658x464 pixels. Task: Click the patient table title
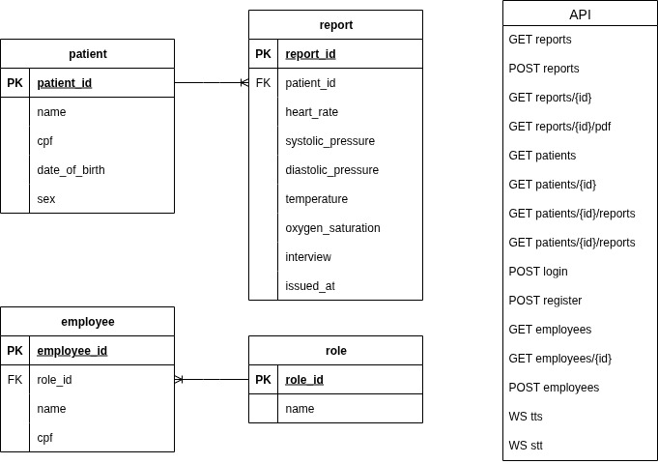pos(87,54)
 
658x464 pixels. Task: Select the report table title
pos(335,25)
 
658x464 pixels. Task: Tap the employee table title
pos(87,322)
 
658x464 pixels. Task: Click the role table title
pos(335,351)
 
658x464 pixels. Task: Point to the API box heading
pos(580,14)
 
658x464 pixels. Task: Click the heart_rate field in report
pos(311,112)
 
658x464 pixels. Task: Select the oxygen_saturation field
pos(332,228)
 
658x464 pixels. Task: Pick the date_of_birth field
pos(71,170)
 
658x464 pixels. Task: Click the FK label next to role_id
pos(14,380)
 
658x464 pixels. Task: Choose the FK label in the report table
pos(263,83)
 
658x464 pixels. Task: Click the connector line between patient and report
pos(211,83)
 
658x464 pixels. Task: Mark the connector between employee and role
pos(212,380)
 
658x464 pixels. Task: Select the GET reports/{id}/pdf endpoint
pos(559,127)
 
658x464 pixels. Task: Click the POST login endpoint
pos(538,272)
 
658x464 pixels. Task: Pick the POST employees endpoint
pos(554,388)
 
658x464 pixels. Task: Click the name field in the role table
pos(300,409)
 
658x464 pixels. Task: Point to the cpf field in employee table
pos(44,438)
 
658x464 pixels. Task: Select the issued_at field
pos(310,286)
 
